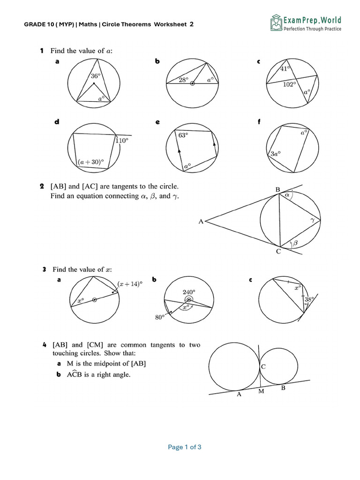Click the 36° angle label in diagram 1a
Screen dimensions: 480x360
click(x=95, y=76)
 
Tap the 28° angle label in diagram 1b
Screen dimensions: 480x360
click(x=183, y=80)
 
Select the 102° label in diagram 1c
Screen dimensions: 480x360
click(x=289, y=84)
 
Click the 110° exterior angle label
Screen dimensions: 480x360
click(x=122, y=140)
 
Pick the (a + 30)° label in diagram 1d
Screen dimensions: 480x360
click(x=90, y=162)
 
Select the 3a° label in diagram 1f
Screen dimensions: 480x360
click(x=275, y=153)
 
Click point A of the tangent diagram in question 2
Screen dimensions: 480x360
click(x=201, y=221)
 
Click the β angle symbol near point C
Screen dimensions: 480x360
click(x=295, y=243)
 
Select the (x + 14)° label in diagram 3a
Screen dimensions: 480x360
click(x=130, y=284)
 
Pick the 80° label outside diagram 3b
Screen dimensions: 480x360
click(x=159, y=317)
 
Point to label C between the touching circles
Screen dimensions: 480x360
click(x=263, y=367)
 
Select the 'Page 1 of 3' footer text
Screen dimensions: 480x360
click(x=185, y=447)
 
